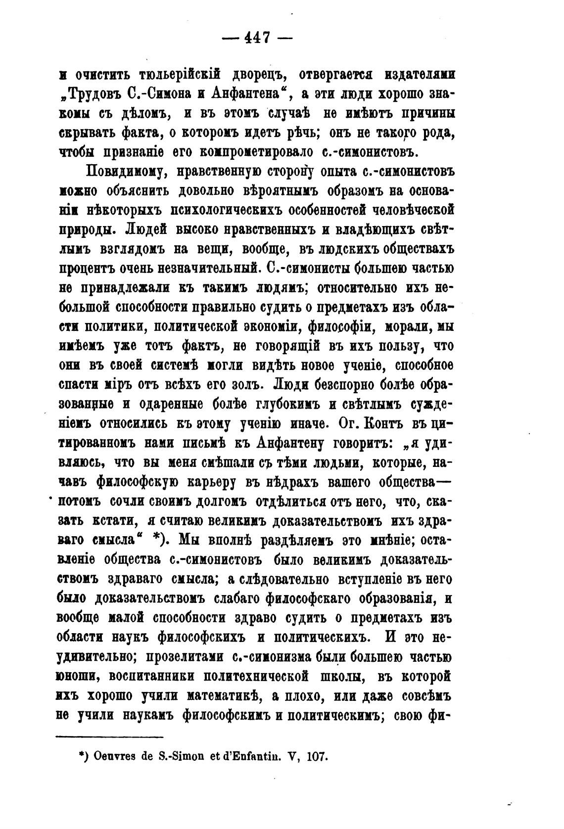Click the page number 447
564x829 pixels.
(256, 38)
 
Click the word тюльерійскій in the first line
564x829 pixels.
(179, 75)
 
